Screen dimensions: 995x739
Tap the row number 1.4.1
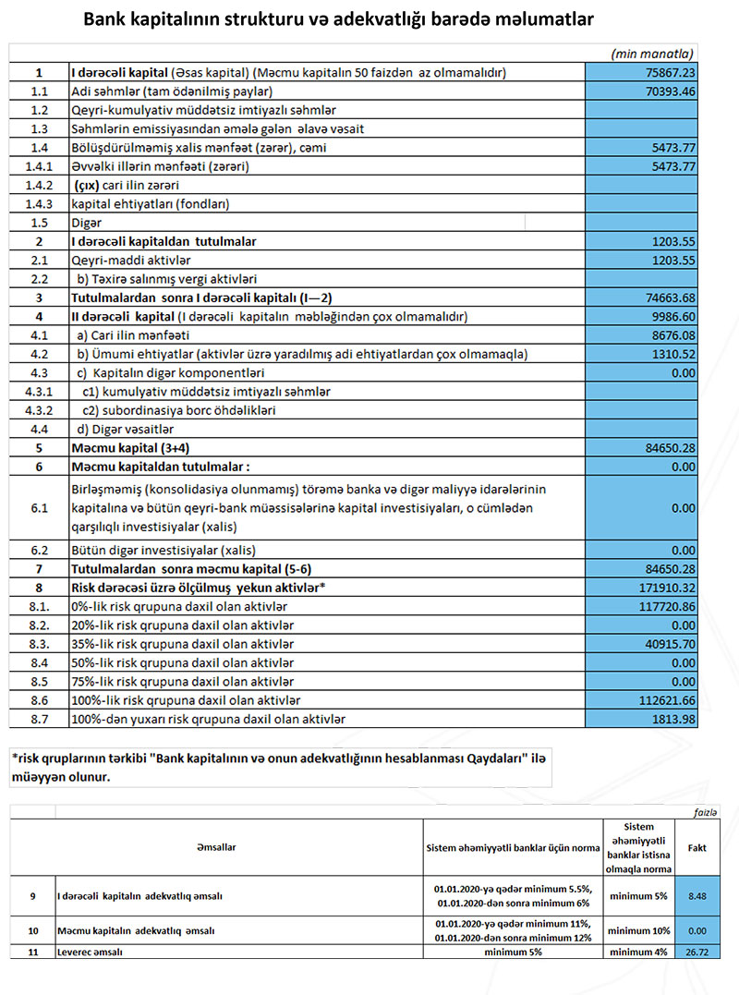pos(39,167)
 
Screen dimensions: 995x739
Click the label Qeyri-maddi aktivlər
pos(125,261)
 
